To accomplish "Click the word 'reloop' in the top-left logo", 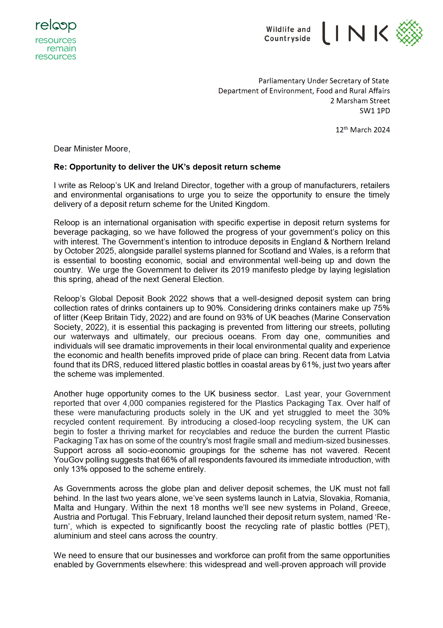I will (56, 26).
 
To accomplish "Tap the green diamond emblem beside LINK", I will (409, 33).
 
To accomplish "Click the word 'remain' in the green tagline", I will (61, 48).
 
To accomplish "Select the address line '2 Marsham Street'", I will (360, 101).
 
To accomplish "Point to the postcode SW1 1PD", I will (375, 111).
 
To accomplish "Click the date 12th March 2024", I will (363, 130).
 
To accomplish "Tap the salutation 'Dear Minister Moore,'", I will (92, 149).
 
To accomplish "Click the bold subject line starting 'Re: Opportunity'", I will (167, 167).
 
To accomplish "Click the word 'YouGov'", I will (68, 460).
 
